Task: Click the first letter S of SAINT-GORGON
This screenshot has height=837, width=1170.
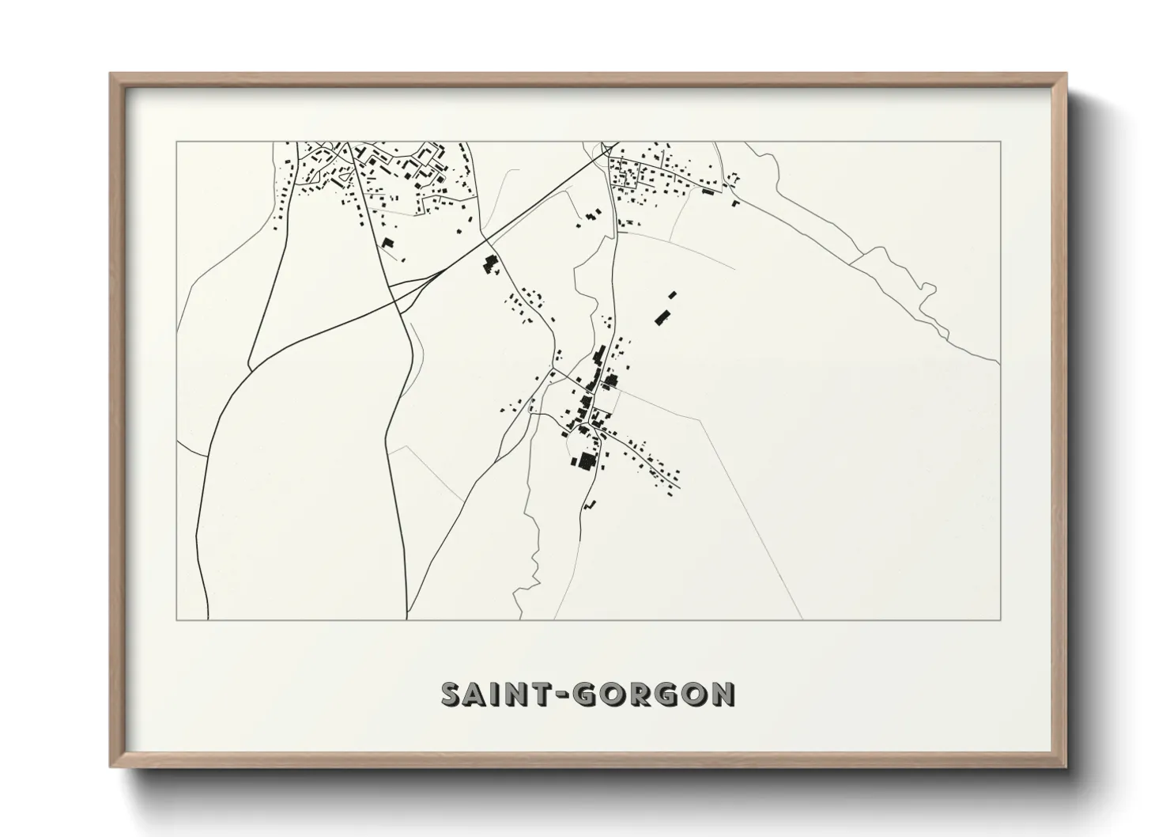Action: coord(451,695)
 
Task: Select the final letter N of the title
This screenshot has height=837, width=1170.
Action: coord(722,695)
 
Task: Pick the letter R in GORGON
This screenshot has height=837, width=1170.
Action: coord(640,695)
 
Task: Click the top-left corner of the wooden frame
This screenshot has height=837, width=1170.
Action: coord(111,74)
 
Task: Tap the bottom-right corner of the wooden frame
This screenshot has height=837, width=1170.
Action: coord(1066,767)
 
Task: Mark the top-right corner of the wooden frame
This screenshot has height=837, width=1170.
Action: coord(1066,74)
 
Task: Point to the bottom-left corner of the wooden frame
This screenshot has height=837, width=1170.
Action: coord(111,767)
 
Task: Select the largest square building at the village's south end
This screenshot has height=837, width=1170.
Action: coord(586,461)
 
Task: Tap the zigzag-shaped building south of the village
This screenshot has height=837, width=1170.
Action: coord(589,503)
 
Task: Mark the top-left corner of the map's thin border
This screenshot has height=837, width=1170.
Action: coord(176,142)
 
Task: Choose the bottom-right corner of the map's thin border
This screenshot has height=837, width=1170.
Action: coord(1001,619)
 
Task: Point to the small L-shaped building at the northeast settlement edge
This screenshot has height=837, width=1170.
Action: coord(735,203)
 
